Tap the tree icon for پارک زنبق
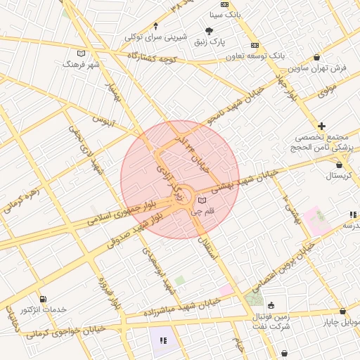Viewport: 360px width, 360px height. (210, 30)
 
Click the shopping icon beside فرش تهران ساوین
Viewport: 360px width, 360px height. (317, 58)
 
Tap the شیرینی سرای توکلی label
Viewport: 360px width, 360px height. (156, 36)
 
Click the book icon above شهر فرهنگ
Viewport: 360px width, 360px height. (82, 53)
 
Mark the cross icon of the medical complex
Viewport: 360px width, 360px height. (322, 126)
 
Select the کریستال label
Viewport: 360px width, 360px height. (340, 174)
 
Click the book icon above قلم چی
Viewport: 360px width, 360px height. (203, 202)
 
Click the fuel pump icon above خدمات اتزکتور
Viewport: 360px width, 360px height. (44, 300)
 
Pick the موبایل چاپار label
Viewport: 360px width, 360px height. (340, 322)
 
